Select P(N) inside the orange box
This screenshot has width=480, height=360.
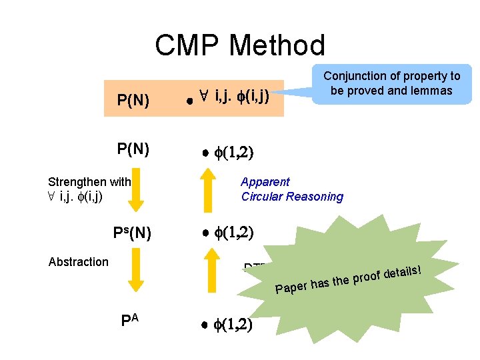133,101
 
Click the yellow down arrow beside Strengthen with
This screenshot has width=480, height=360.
135,195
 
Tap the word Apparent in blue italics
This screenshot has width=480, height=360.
265,182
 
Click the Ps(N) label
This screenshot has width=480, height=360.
131,233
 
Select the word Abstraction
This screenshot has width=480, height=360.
78,262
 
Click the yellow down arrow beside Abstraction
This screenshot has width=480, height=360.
135,270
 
